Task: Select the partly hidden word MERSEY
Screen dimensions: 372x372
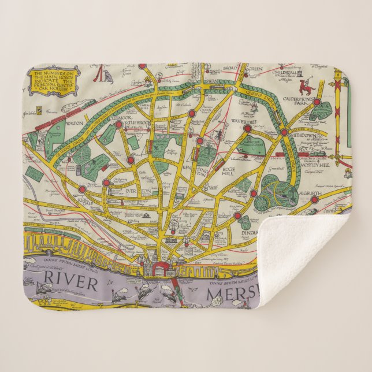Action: (x=231, y=297)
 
